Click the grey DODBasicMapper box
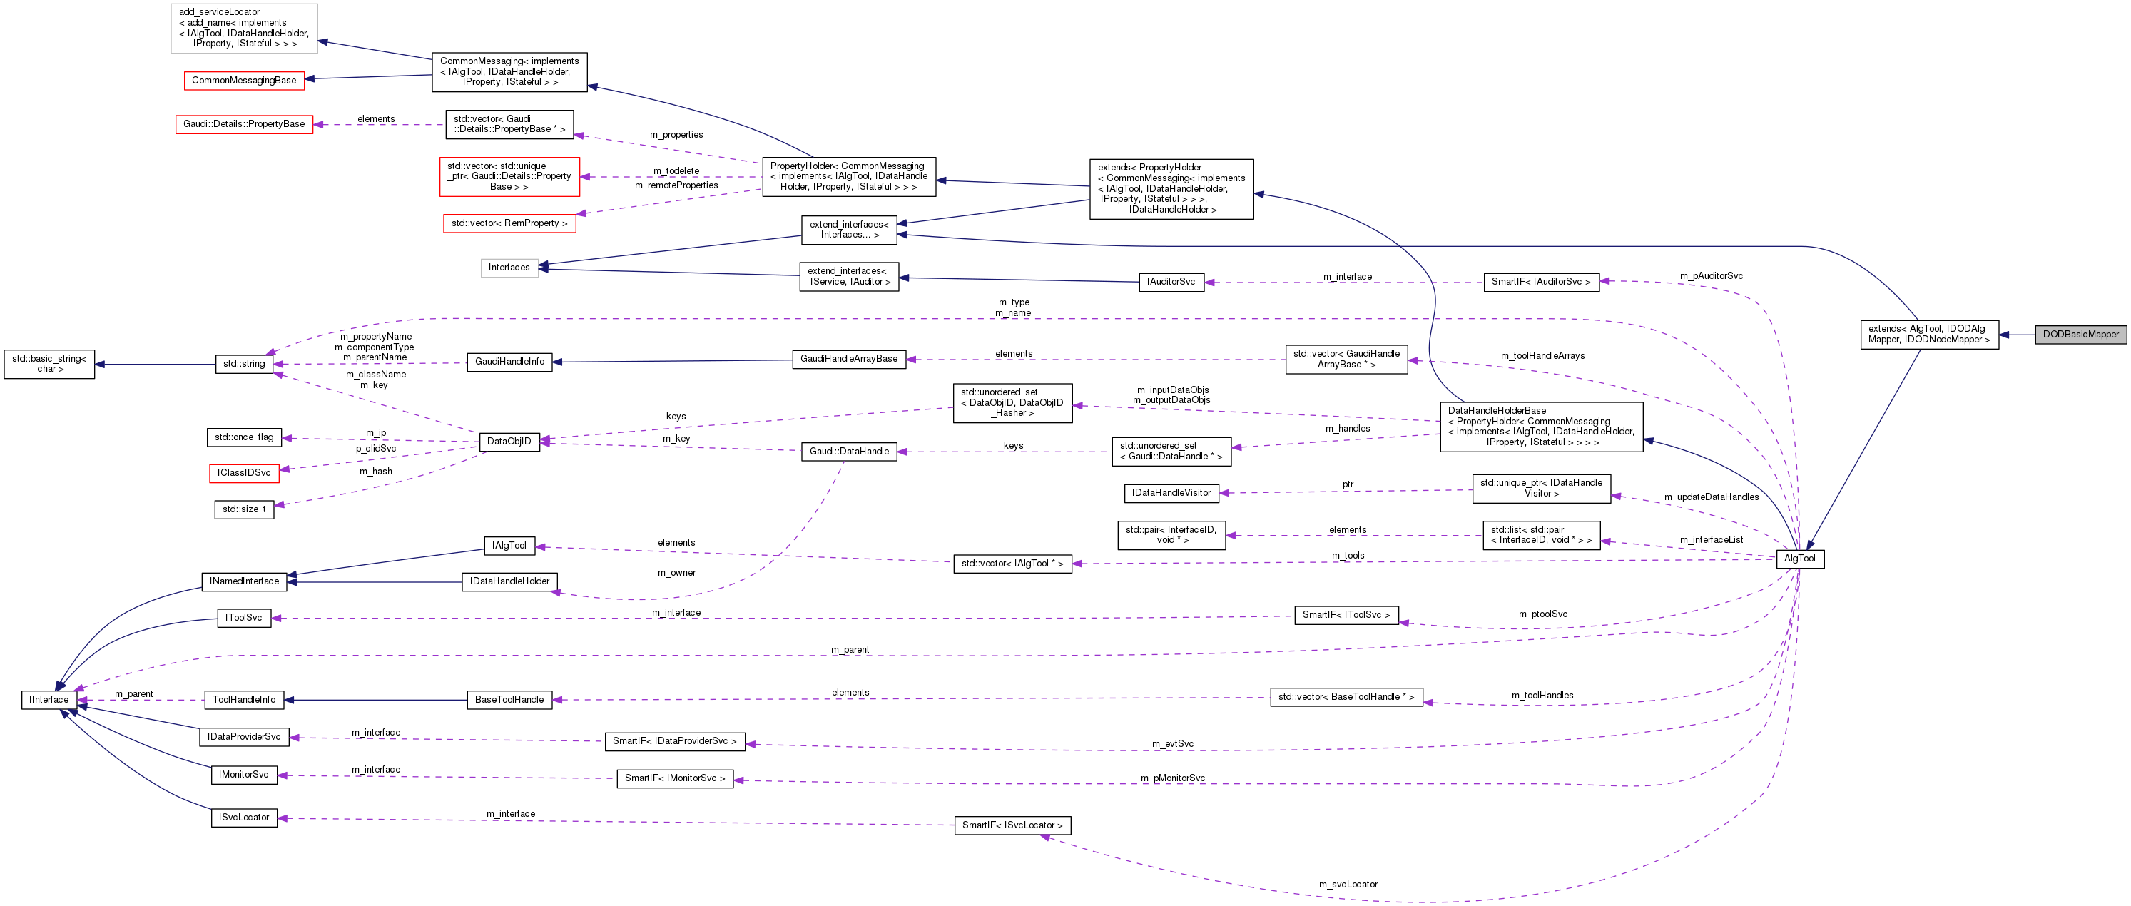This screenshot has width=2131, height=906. point(2080,335)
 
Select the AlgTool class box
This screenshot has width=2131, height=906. point(1799,559)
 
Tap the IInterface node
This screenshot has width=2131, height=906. point(49,700)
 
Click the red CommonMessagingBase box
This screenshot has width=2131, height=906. point(244,81)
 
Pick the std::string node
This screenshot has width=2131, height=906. point(244,363)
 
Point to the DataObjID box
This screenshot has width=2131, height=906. point(509,442)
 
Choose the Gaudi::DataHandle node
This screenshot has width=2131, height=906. point(849,452)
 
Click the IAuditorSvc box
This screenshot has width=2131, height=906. point(1171,282)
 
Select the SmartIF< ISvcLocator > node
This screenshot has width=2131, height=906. point(1012,825)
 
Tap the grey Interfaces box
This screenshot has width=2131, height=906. point(509,268)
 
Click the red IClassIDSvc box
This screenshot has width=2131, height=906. point(244,473)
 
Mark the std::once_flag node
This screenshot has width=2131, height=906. point(244,437)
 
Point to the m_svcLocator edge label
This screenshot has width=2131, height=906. point(1348,885)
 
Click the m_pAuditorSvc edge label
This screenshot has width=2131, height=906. point(1711,275)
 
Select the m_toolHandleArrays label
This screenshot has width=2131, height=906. point(1542,356)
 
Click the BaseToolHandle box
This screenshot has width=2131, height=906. point(509,700)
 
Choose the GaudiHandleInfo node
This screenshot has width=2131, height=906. point(509,362)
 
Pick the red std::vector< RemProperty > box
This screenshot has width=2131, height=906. point(509,223)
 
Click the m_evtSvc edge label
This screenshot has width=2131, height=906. point(1172,744)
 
